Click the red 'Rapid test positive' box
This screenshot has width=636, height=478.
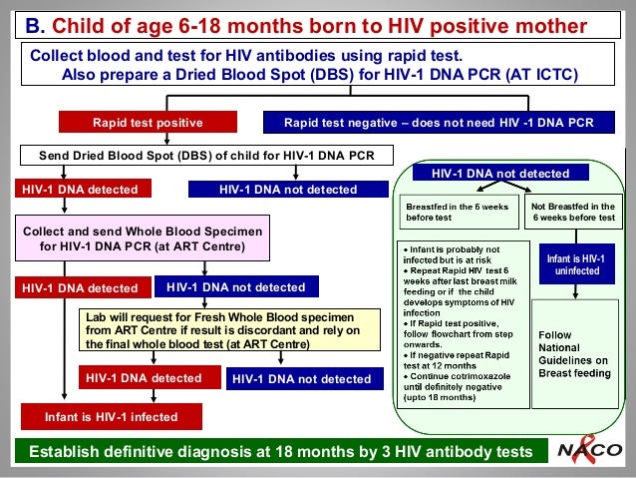pos(148,123)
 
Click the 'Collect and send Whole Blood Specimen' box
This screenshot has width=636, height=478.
pos(146,238)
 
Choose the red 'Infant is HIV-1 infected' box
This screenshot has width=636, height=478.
pos(111,416)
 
